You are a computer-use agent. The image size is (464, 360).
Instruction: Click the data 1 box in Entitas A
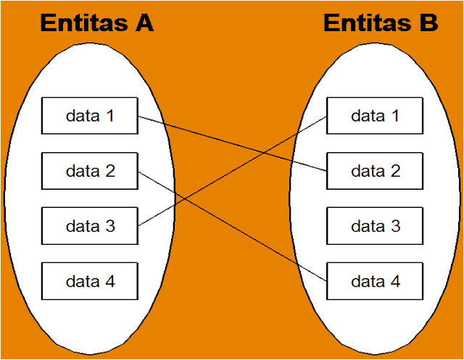pos(90,116)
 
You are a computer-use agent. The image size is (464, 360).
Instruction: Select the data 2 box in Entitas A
pos(90,172)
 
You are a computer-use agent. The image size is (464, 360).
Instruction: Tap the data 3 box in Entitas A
pos(90,226)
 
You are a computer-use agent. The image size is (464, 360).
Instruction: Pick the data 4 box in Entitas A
pos(90,281)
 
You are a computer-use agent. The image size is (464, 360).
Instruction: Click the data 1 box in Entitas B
pos(375,116)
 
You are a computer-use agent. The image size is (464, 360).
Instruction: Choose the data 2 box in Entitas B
pos(375,172)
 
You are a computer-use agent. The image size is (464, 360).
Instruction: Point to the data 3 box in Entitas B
pos(375,226)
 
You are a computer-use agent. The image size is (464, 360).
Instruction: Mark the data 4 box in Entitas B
pos(375,281)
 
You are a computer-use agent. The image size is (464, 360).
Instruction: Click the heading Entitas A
pos(96,23)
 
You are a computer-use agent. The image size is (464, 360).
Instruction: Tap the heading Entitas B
pos(381,23)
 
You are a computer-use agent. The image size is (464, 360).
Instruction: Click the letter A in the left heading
pos(144,23)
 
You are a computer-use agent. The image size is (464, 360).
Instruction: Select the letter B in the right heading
pos(428,23)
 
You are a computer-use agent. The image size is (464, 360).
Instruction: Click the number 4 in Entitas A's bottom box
pos(109,281)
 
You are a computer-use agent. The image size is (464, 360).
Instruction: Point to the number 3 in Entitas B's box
pos(395,226)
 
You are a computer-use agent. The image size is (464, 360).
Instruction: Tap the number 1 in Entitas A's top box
pos(109,116)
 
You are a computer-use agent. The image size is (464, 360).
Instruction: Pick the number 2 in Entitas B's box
pos(395,172)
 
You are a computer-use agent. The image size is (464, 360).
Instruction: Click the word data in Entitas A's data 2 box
pos(82,172)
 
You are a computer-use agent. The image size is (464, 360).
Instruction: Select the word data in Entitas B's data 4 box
pos(367,281)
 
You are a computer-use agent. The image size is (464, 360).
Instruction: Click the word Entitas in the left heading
pos(83,23)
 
